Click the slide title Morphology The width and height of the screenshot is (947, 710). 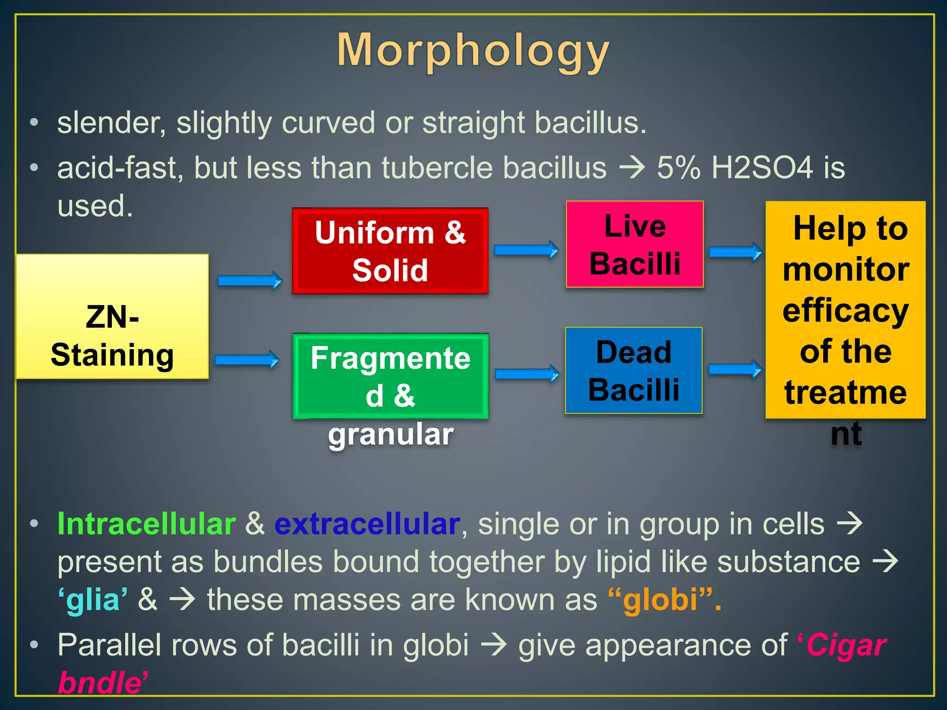coord(473,51)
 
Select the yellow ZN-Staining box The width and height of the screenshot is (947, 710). coord(112,317)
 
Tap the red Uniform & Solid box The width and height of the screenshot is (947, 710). coord(390,251)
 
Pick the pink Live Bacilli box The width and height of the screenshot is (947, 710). coord(635,245)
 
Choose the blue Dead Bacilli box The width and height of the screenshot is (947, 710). coord(633,370)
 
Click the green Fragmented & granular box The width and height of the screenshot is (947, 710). coord(390,376)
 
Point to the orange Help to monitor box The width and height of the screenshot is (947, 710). coord(845,310)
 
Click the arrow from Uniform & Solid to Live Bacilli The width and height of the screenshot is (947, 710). coord(526,250)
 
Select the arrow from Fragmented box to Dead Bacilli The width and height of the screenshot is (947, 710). coord(527,373)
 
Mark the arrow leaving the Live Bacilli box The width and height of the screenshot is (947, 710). coord(735,252)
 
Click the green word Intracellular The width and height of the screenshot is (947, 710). coord(147,524)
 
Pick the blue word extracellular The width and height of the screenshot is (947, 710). coord(367,524)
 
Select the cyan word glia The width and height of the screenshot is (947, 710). coord(93,600)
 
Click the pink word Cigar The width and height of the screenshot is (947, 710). coord(846,645)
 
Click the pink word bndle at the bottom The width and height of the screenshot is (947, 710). coord(100,683)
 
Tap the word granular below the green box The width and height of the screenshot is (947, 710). coord(391,435)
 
